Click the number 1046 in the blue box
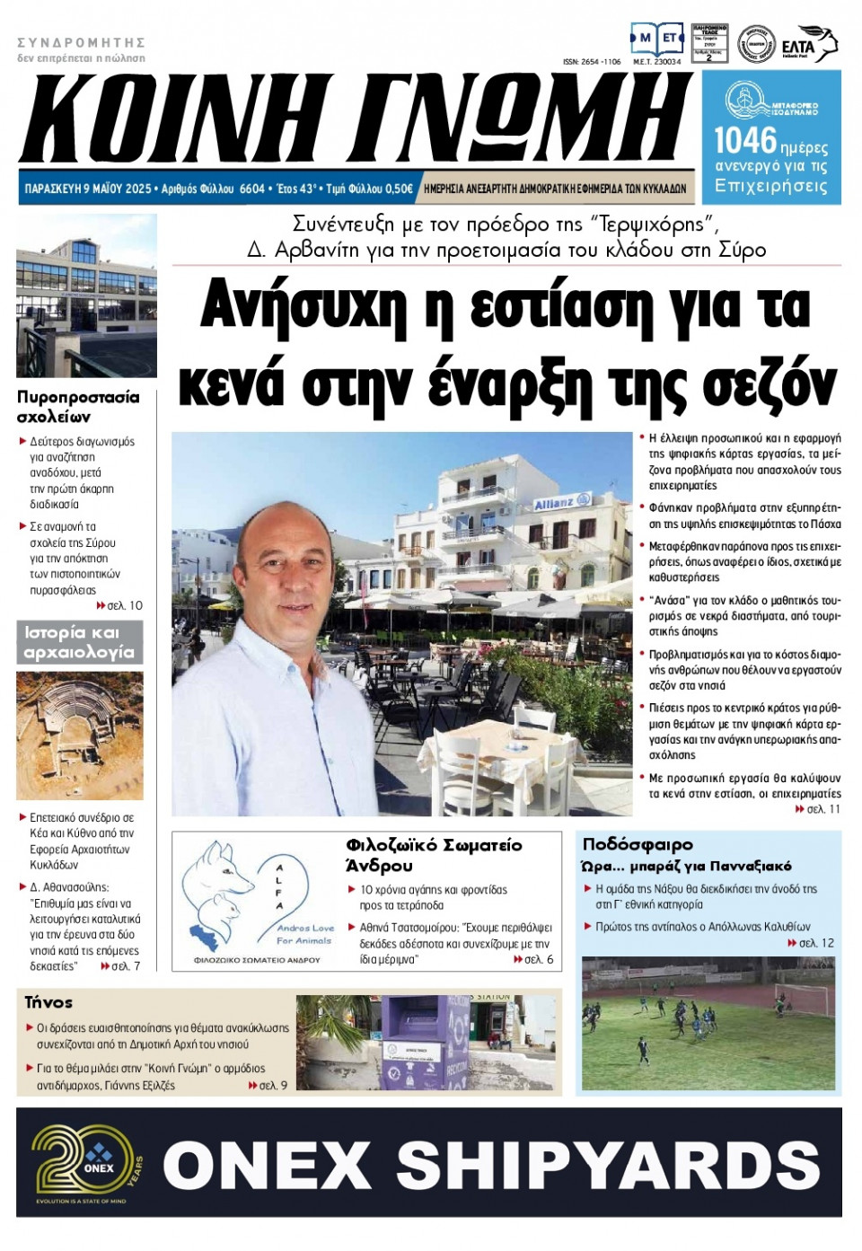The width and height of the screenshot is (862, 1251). pyautogui.click(x=744, y=140)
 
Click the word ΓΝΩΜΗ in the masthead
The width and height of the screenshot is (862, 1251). pyautogui.click(x=522, y=119)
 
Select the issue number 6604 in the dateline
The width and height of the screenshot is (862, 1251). pyautogui.click(x=252, y=189)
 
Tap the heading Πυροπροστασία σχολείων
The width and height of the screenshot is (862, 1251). pyautogui.click(x=78, y=407)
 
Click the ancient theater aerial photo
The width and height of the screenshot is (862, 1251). pyautogui.click(x=79, y=736)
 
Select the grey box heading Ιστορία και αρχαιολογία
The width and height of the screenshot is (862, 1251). pyautogui.click(x=79, y=642)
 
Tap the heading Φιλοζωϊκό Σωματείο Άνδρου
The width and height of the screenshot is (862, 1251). pyautogui.click(x=433, y=855)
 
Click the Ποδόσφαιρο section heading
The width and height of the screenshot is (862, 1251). pyautogui.click(x=638, y=844)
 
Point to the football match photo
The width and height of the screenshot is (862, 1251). pyautogui.click(x=708, y=1023)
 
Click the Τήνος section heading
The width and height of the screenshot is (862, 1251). pyautogui.click(x=48, y=1002)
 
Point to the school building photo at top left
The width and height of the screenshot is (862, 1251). pyautogui.click(x=86, y=295)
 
